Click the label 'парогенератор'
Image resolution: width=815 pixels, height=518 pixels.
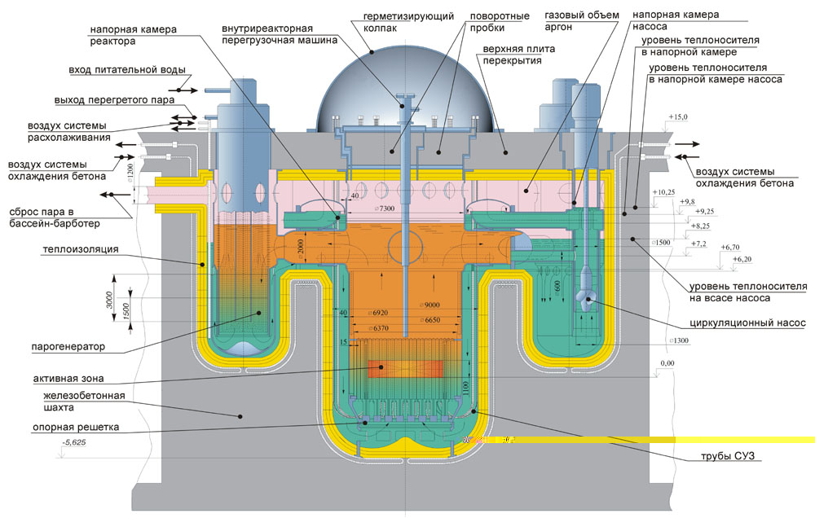tap(69, 347)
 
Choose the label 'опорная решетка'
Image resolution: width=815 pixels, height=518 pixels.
tap(65, 426)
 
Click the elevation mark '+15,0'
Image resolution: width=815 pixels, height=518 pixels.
tap(678, 118)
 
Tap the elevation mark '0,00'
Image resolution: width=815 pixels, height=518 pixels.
tap(667, 362)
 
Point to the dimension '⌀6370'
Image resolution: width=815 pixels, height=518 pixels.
tap(381, 327)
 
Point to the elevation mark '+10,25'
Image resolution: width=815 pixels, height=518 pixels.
tap(665, 192)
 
